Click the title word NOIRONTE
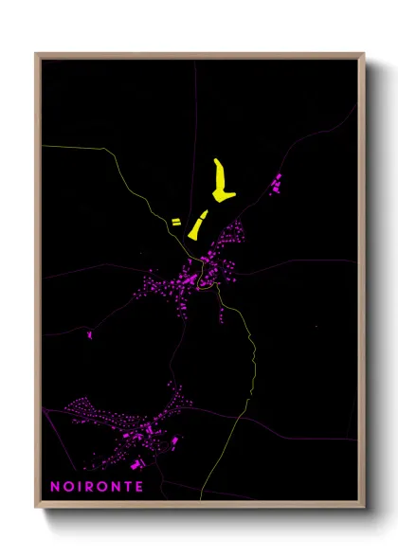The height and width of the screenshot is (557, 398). click(x=98, y=487)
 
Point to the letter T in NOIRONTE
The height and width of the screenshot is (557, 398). click(x=129, y=487)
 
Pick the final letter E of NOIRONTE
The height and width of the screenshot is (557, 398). click(x=140, y=487)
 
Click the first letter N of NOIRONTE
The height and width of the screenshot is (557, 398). click(x=55, y=487)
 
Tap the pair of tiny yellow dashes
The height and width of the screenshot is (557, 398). click(x=175, y=223)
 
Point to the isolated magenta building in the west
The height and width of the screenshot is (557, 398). click(x=89, y=333)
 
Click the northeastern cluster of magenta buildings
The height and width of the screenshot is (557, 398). click(x=277, y=183)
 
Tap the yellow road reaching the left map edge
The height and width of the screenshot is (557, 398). click(x=76, y=150)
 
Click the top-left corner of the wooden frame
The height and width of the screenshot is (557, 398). click(x=37, y=55)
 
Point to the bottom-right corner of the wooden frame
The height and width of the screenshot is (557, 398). click(x=363, y=507)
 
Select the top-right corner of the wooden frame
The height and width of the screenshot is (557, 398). click(x=363, y=55)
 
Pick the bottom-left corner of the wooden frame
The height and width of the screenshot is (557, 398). click(x=37, y=507)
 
